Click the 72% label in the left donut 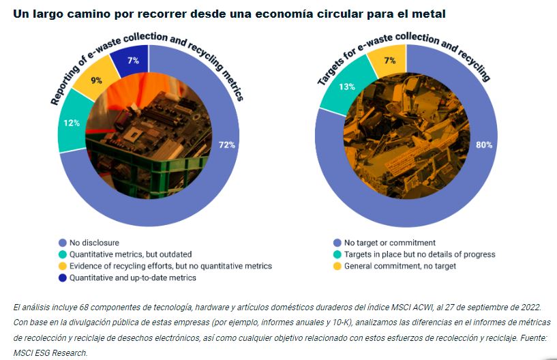[x=226, y=145]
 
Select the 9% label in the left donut [x=96, y=80]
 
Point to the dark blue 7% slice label [x=133, y=61]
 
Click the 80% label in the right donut [x=484, y=145]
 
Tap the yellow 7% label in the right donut [x=390, y=61]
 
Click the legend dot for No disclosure [x=63, y=243]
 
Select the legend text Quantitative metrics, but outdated [x=131, y=254]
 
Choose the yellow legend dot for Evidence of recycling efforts [x=63, y=266]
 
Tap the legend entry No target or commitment [x=389, y=243]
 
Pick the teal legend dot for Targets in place [x=335, y=254]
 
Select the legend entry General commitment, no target [x=400, y=266]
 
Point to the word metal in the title [x=428, y=13]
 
